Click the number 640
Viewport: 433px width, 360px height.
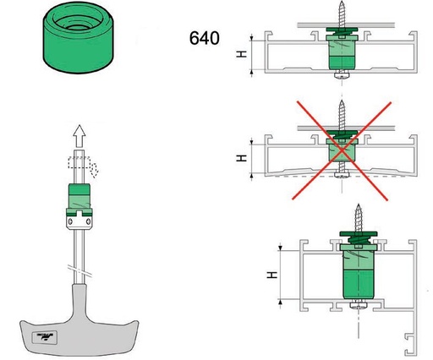point(205,38)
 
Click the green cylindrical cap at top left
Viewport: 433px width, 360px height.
point(79,38)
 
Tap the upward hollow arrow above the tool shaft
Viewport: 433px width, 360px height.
point(79,136)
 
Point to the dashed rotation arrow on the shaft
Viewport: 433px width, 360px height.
point(83,166)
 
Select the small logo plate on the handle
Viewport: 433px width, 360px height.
point(45,336)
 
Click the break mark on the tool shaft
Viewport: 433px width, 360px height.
point(80,270)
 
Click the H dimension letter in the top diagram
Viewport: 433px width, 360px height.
point(241,54)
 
